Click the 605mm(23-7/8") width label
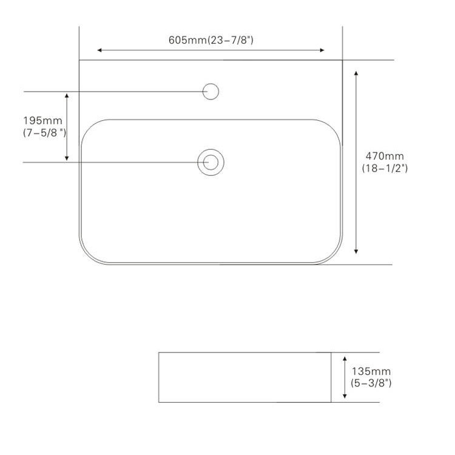tap(211, 40)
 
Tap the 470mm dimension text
tap(384, 157)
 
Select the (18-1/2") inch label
tap(385, 168)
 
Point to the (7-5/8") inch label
tap(44, 132)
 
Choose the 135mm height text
tap(371, 371)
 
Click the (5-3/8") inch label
tap(371, 383)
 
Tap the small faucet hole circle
tap(211, 92)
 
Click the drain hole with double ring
tap(211, 162)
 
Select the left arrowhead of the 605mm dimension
tap(100, 50)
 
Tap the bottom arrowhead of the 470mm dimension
tap(356, 252)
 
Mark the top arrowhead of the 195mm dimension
tap(67, 96)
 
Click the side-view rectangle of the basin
tap(244, 377)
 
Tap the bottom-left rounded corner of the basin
tap(88, 255)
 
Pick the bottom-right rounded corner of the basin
tap(333, 255)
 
